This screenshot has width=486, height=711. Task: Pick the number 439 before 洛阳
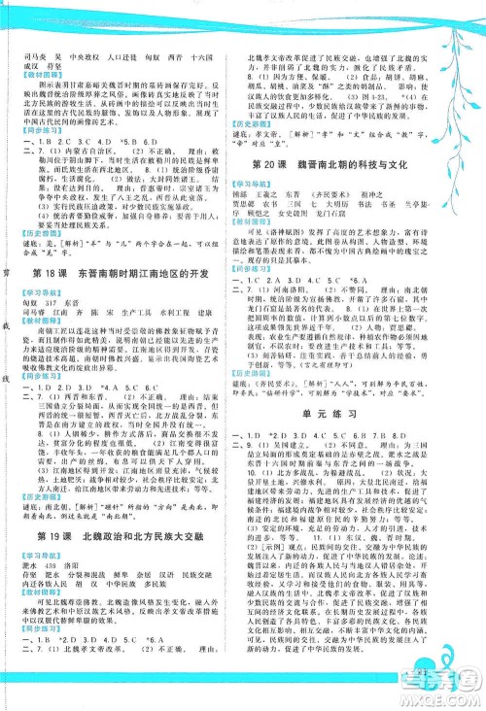tap(59, 540)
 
